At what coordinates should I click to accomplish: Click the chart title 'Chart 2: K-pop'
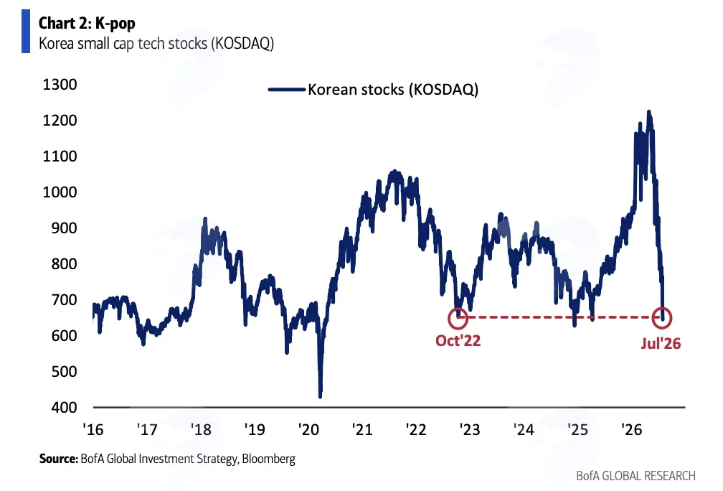[x=87, y=23]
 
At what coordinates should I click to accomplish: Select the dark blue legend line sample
[x=286, y=90]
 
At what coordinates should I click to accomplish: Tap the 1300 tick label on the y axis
[x=60, y=85]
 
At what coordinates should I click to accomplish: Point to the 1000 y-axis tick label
[x=60, y=192]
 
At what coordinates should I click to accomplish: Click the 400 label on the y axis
[x=64, y=407]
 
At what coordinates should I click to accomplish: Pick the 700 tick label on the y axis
[x=64, y=299]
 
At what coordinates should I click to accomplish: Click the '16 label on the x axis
[x=93, y=429]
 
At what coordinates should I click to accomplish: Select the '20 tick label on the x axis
[x=308, y=429]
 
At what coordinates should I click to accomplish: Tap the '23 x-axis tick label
[x=470, y=429]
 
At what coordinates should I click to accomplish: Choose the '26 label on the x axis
[x=632, y=429]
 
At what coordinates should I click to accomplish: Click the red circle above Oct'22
[x=458, y=309]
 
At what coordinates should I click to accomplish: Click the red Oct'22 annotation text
[x=458, y=340]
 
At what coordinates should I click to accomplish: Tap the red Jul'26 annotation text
[x=661, y=343]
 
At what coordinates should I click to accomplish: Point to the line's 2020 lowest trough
[x=321, y=396]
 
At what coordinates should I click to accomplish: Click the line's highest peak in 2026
[x=648, y=111]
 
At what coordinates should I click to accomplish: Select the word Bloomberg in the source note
[x=268, y=459]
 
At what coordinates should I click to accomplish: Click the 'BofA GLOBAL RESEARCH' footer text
[x=635, y=476]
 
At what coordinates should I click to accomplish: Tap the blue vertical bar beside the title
[x=25, y=31]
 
